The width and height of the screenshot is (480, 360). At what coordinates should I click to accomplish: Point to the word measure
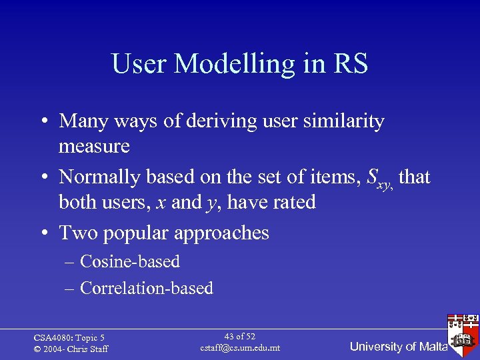(94, 146)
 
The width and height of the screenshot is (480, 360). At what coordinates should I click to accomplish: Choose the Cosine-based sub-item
(130, 261)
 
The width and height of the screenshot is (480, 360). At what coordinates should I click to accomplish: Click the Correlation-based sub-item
(146, 288)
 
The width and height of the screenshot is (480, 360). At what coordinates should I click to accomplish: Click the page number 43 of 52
(240, 337)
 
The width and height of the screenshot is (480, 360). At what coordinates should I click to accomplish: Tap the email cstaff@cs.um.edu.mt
(240, 348)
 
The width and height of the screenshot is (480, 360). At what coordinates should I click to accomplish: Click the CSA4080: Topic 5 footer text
(69, 338)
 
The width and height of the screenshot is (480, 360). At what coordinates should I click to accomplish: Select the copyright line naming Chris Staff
(71, 349)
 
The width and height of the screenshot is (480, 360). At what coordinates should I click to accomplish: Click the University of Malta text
(399, 346)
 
